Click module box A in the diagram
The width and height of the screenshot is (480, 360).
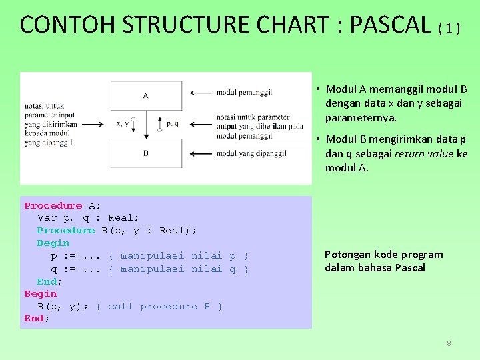(x=146, y=95)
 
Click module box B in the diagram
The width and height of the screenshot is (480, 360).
(x=146, y=153)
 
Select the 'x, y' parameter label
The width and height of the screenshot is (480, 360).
(x=122, y=123)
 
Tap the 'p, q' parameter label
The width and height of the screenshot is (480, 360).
(x=172, y=123)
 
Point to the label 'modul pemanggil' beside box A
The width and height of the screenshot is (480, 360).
(x=244, y=92)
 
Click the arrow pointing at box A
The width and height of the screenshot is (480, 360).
(x=200, y=93)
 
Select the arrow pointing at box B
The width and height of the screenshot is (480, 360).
(x=200, y=153)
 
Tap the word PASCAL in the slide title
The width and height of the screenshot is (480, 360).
(x=390, y=25)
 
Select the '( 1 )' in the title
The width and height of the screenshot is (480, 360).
(x=449, y=28)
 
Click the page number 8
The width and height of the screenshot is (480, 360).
(x=449, y=343)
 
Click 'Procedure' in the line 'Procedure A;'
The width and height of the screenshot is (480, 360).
(x=53, y=206)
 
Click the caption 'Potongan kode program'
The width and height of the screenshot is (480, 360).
(x=383, y=255)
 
